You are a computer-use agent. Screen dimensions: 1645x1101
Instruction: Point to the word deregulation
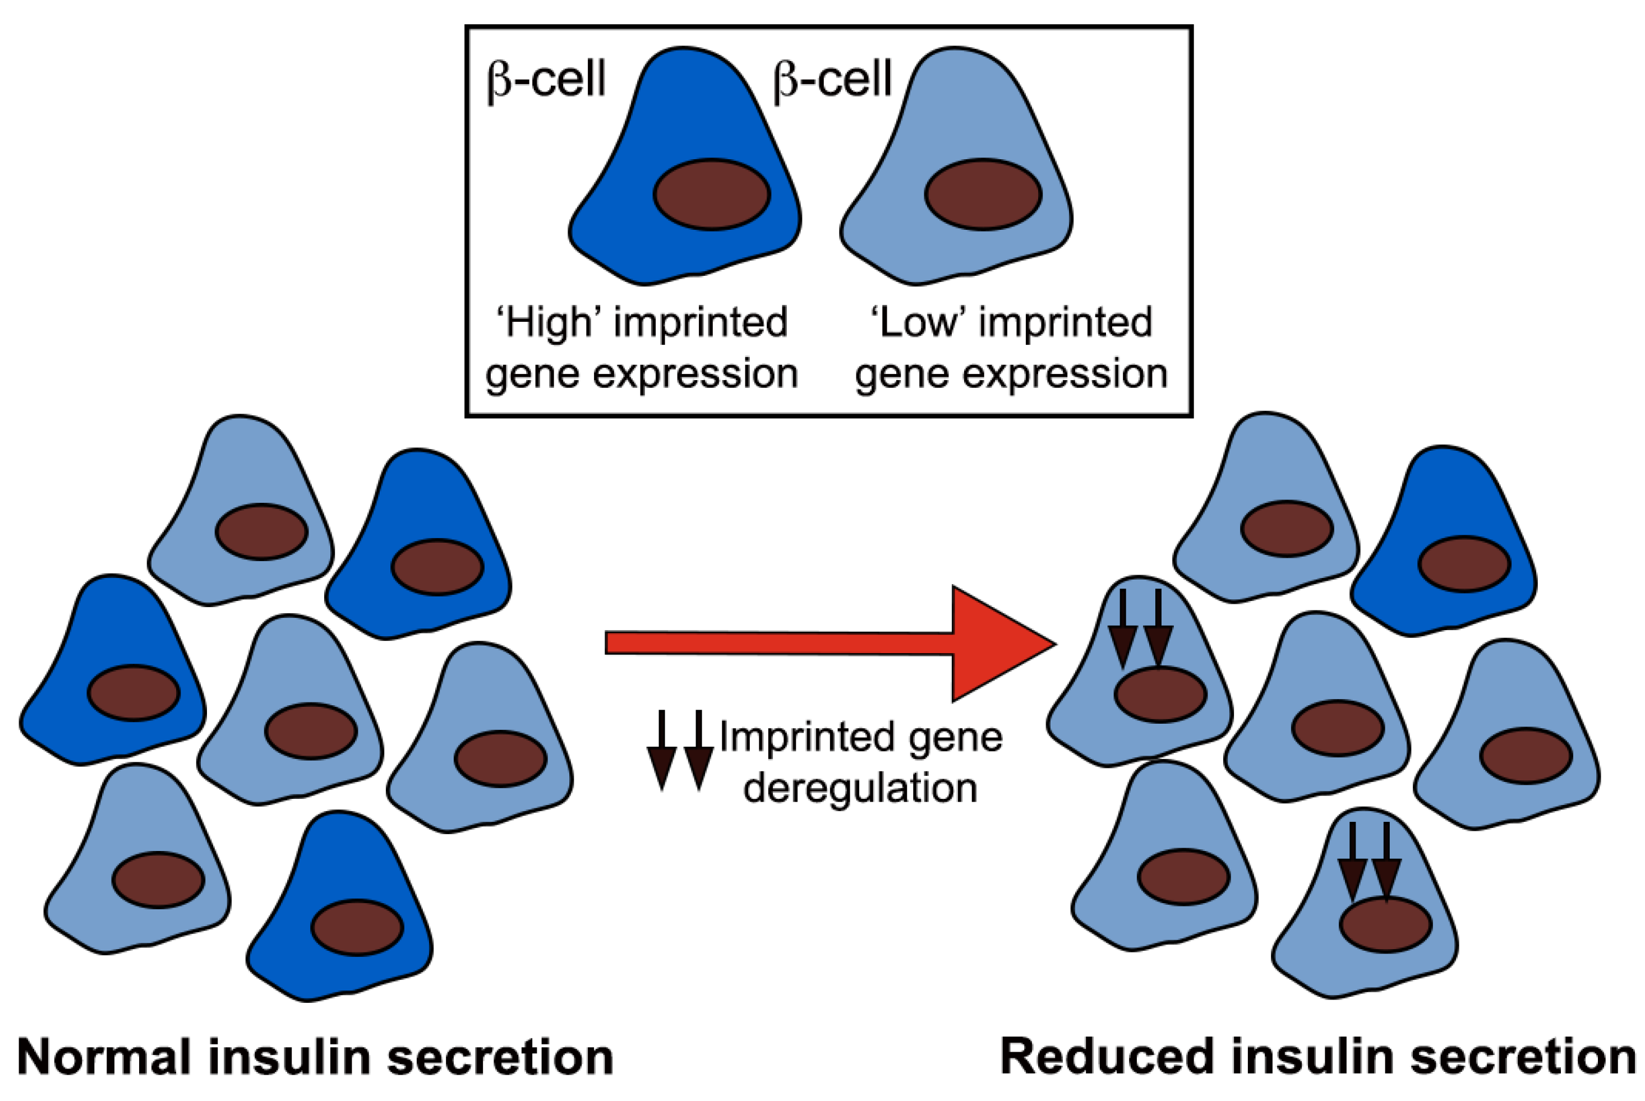(860, 788)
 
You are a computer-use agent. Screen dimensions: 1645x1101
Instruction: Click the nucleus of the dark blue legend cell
(712, 195)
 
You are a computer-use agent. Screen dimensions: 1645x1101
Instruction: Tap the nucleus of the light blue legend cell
(983, 195)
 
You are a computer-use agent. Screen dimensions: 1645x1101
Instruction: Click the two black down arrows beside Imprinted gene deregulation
(680, 750)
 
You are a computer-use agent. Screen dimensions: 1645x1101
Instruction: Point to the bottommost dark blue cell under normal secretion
(339, 906)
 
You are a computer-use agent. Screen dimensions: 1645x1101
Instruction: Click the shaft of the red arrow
(779, 643)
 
